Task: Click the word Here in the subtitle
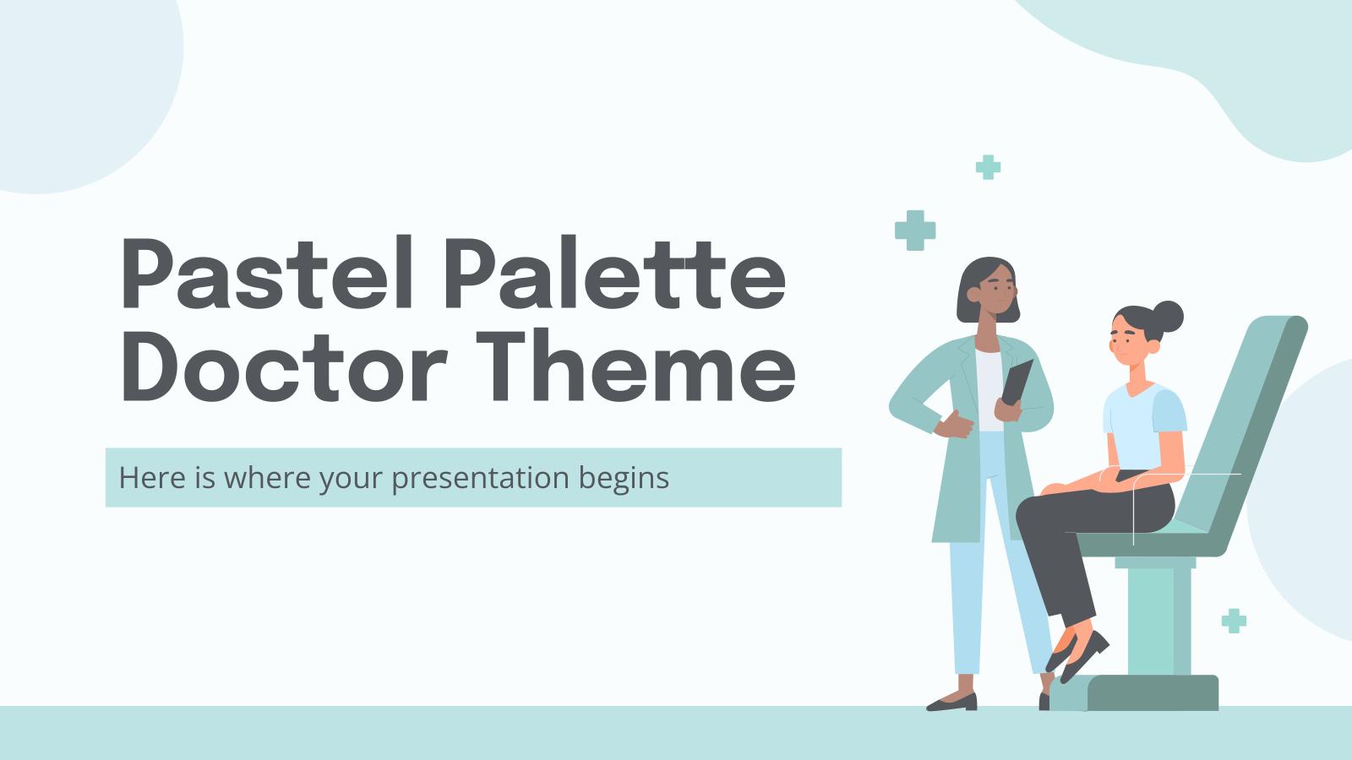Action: [x=149, y=478]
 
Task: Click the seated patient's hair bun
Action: [x=1169, y=316]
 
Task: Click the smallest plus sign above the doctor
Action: [x=987, y=167]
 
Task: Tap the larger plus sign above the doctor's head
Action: [x=915, y=231]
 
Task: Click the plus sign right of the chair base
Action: [x=1234, y=621]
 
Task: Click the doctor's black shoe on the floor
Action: [x=952, y=702]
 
